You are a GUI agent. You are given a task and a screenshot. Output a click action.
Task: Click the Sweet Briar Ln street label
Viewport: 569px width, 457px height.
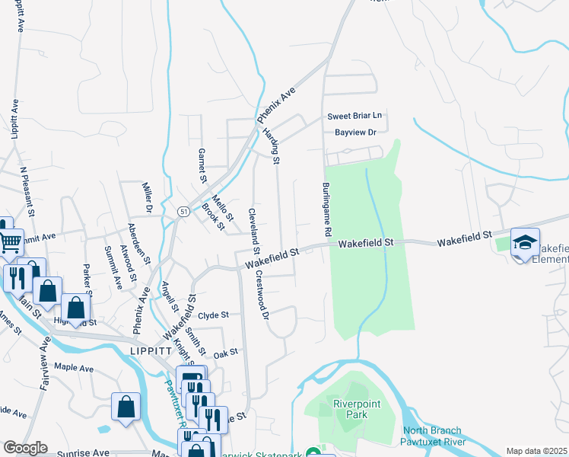(354, 117)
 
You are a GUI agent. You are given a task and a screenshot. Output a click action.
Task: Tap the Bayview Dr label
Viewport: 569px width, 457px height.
(356, 133)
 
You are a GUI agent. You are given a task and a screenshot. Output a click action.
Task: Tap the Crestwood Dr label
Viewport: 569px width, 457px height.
(262, 294)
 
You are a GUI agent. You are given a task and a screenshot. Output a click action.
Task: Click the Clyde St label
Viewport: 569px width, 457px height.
(213, 315)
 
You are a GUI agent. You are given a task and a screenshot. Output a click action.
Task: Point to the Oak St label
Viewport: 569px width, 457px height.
(226, 352)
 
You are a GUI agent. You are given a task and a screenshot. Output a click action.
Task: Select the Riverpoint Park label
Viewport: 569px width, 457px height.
(351, 408)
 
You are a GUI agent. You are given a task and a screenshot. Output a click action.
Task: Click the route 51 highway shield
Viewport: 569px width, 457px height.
(183, 211)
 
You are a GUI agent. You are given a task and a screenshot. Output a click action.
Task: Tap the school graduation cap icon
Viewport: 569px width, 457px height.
(525, 242)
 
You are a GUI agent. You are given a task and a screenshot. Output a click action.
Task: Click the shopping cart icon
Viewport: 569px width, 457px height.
(10, 243)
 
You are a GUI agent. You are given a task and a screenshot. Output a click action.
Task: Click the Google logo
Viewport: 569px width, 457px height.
(25, 448)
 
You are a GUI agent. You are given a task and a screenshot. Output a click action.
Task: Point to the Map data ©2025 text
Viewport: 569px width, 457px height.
(536, 451)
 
